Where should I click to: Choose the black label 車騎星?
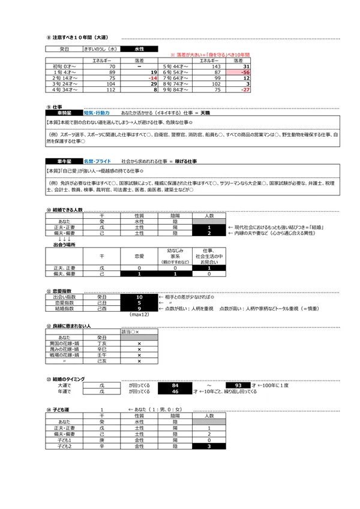64,112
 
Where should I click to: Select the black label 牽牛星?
64,162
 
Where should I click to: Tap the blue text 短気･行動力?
97,112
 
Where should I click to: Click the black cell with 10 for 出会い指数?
139,297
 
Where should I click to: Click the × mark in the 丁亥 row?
139,344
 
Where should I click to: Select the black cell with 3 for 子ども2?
209,447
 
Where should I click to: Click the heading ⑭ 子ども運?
60,409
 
